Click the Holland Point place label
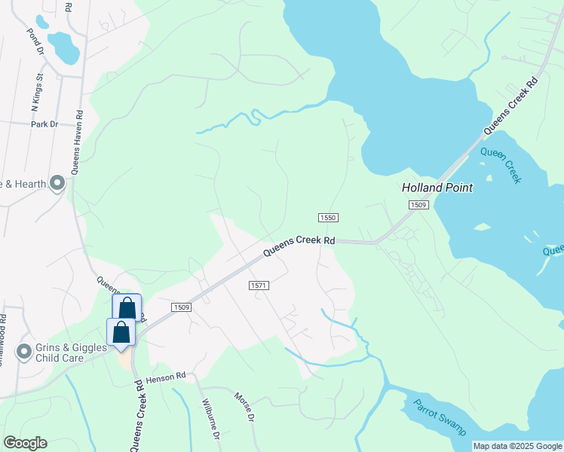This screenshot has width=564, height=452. pos(437,188)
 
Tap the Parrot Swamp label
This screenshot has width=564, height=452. pos(440,416)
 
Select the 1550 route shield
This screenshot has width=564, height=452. pos(326,218)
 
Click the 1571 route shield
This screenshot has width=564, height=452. pos(259,286)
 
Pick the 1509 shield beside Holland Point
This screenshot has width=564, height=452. pos(418,205)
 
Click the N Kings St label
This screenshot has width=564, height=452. pos(35,88)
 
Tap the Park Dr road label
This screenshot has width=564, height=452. pos(44,124)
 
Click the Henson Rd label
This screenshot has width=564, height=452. pos(166,375)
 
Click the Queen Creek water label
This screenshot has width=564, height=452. pos(501,165)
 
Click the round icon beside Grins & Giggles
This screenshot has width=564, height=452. pos(24,351)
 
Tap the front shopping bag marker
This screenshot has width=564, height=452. pos(121,333)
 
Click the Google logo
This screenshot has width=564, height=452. pos(25,443)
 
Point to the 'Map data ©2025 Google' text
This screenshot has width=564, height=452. pos(517,446)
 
